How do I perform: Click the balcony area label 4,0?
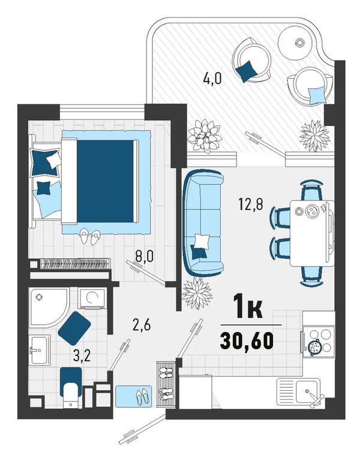(212, 79)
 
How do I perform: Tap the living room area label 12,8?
(251, 204)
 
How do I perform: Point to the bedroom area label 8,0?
(144, 257)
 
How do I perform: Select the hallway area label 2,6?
(141, 326)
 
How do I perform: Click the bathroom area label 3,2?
(82, 356)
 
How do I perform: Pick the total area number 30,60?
(247, 340)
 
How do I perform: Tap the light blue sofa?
(203, 222)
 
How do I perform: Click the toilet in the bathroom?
(71, 387)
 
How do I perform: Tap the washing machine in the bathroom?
(92, 298)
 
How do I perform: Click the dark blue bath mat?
(74, 328)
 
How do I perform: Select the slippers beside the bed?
(90, 237)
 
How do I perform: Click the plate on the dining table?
(312, 210)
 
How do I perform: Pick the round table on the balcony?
(295, 43)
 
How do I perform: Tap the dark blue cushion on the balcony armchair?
(246, 71)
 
